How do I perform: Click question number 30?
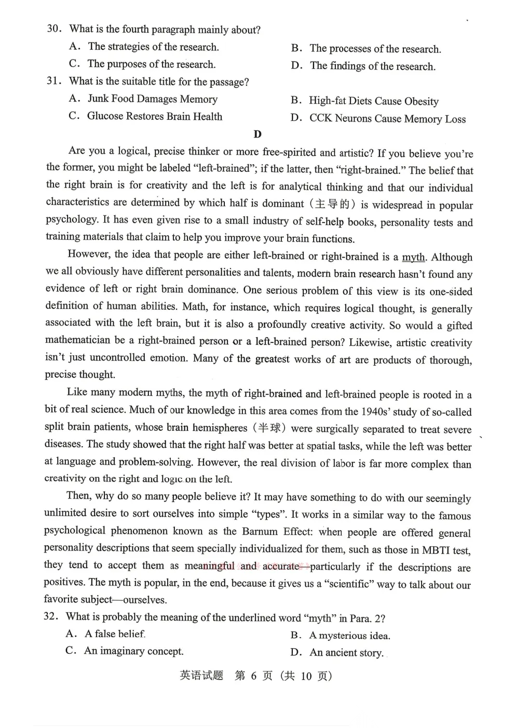54,29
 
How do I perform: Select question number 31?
54,81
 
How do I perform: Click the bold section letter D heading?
257,134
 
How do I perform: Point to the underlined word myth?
413,257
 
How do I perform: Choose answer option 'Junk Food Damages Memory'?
152,99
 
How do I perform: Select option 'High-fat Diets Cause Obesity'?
373,101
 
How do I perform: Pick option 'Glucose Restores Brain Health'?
154,116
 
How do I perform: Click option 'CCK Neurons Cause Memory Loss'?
387,119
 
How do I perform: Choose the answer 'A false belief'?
115,634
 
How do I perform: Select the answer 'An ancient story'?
346,653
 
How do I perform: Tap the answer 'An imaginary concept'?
133,651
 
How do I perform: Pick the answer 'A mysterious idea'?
349,635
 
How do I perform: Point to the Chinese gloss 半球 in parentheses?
270,428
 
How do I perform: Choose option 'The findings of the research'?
372,66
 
